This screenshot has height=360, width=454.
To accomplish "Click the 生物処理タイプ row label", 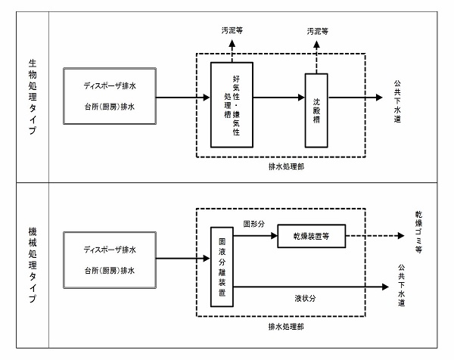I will pyautogui.click(x=32, y=98).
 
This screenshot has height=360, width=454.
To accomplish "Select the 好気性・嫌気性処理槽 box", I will pyautogui.click(x=231, y=105).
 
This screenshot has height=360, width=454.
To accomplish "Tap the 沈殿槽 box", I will pyautogui.click(x=317, y=110).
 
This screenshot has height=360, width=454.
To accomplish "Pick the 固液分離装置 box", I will pyautogui.click(x=222, y=265).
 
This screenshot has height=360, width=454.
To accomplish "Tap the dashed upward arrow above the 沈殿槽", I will pyautogui.click(x=317, y=57).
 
